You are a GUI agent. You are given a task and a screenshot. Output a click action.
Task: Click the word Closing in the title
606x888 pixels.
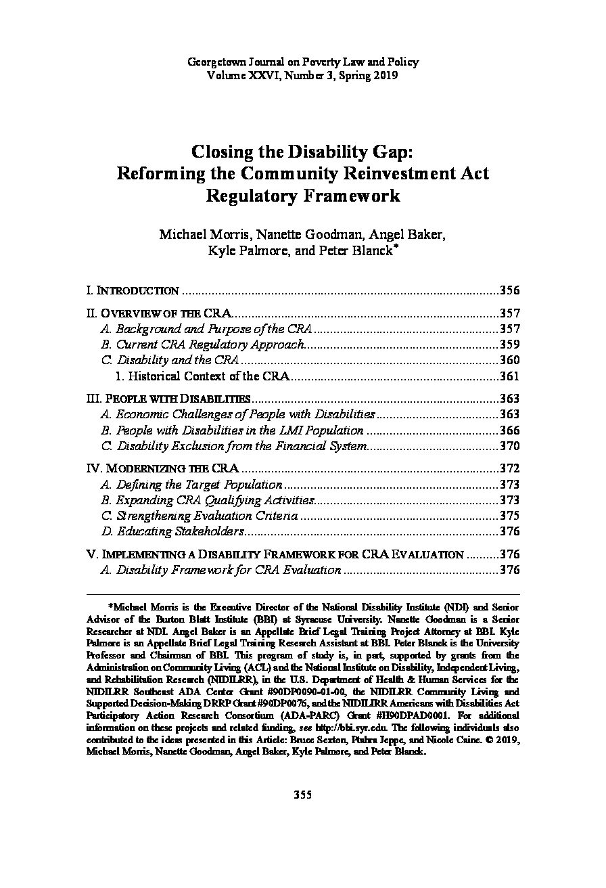224,150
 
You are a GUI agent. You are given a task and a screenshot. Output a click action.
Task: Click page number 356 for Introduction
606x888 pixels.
509,291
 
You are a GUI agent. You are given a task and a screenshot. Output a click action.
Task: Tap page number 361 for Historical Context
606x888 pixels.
509,376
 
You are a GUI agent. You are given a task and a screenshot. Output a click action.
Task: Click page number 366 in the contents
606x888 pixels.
509,430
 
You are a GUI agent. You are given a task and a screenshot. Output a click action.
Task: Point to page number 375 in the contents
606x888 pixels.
509,516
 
